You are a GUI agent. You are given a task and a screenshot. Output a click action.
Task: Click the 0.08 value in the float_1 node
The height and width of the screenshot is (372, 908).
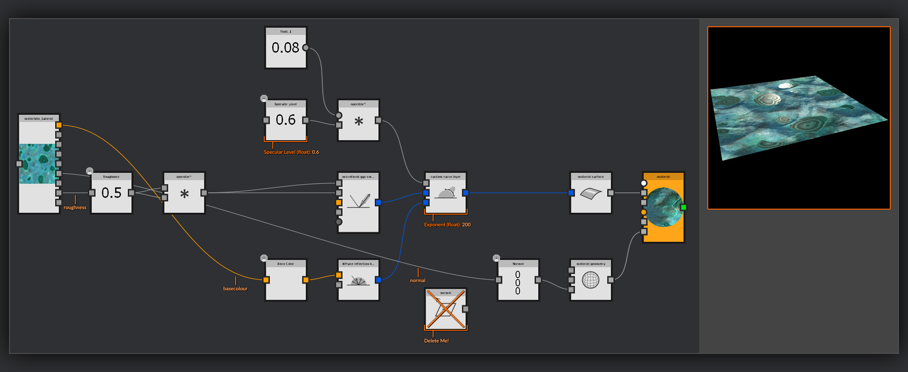285,48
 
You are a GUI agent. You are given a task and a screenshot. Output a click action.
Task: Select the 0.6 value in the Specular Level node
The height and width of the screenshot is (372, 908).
286,120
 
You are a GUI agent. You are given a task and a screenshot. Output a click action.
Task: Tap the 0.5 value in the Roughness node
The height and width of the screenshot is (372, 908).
111,193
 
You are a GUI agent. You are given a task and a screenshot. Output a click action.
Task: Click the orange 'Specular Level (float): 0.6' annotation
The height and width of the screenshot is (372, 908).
291,152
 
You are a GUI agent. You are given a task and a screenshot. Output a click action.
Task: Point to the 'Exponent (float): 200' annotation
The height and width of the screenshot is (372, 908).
447,225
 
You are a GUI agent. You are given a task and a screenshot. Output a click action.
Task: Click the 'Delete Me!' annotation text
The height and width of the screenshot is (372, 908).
436,341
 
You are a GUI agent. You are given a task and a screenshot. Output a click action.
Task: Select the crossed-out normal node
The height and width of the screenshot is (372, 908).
445,310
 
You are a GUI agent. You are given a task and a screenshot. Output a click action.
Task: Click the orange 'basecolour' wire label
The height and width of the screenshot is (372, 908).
235,289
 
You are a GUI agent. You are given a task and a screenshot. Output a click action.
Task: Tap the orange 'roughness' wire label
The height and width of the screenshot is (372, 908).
75,207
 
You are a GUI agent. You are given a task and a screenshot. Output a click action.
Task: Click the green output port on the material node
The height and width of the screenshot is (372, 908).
683,207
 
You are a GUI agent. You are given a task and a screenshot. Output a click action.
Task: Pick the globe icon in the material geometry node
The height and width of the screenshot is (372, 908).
591,280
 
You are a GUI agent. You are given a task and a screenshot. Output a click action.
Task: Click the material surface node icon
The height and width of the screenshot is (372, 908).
591,194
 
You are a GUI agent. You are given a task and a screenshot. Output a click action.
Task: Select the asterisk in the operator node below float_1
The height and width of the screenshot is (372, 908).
359,122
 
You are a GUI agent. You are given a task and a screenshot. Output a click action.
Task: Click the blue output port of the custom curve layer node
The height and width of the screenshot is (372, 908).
465,193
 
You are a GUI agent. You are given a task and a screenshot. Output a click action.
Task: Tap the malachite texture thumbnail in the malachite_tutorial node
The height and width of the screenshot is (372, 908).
38,164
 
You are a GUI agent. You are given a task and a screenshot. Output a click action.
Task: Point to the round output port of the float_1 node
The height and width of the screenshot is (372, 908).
306,48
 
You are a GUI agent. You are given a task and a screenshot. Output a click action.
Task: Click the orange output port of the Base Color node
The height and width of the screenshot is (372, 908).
306,280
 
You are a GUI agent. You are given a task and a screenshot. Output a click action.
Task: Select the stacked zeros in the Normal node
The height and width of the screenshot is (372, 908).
518,283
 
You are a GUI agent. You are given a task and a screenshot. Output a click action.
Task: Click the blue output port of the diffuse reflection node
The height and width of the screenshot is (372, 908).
378,280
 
